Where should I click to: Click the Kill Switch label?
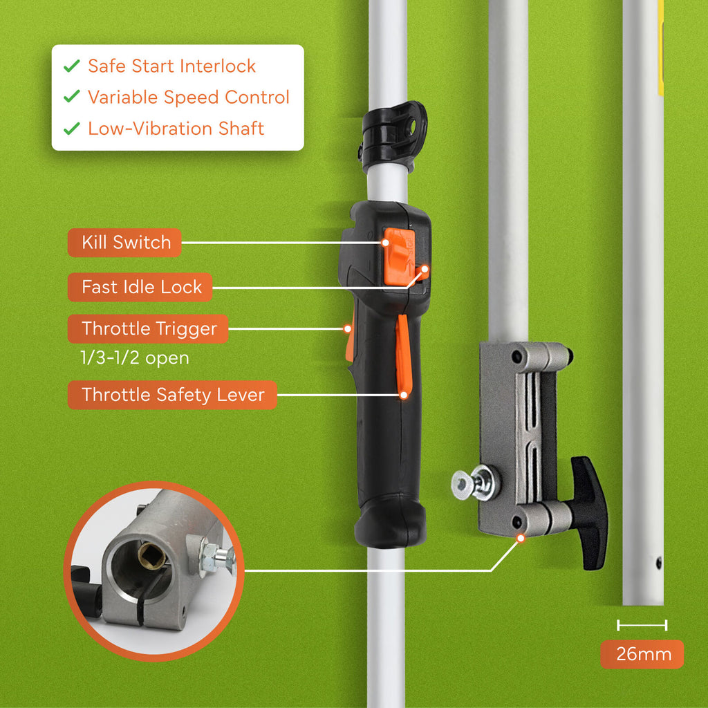125,243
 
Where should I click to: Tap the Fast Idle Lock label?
141,287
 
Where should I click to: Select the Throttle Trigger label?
148,329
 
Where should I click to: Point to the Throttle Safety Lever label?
172,395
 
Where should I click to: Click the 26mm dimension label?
641,654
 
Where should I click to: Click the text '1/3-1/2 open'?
135,359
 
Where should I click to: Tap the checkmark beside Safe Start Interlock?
71,66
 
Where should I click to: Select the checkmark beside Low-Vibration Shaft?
71,129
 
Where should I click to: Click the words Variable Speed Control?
188,97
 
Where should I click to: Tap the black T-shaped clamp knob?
590,512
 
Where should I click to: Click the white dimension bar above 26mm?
642,626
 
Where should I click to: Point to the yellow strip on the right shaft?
660,48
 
